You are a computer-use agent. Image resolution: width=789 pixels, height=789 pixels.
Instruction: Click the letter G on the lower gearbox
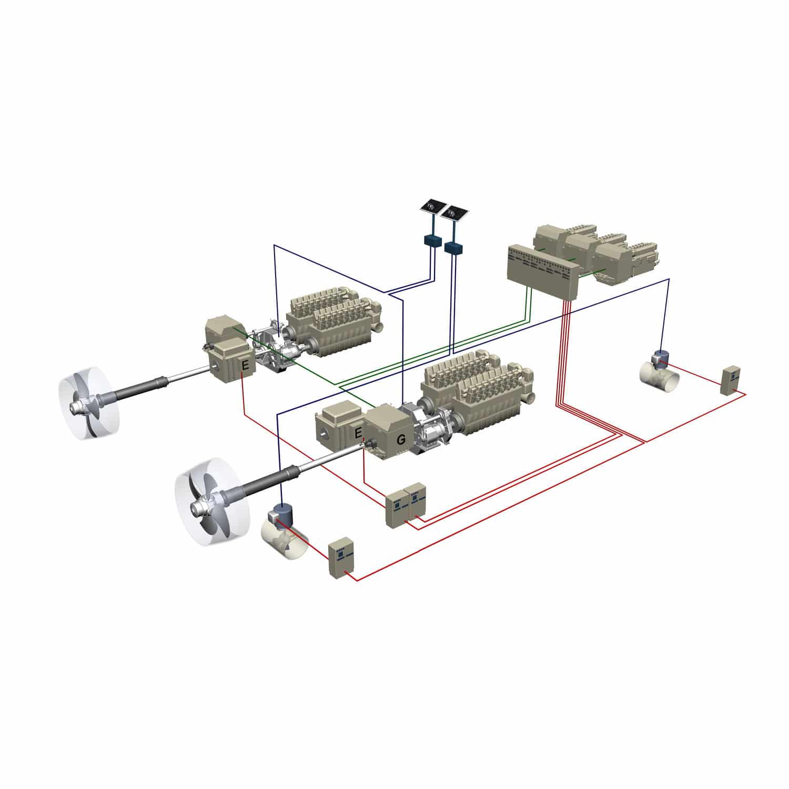tap(401, 440)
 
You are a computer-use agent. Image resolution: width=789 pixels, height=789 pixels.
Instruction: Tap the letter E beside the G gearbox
tap(359, 433)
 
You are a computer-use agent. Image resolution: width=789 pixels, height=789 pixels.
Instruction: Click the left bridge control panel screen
tap(433, 206)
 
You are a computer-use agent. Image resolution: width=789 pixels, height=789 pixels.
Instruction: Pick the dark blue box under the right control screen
tap(453, 248)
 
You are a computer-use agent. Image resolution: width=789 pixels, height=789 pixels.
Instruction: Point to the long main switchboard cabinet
tap(542, 268)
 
